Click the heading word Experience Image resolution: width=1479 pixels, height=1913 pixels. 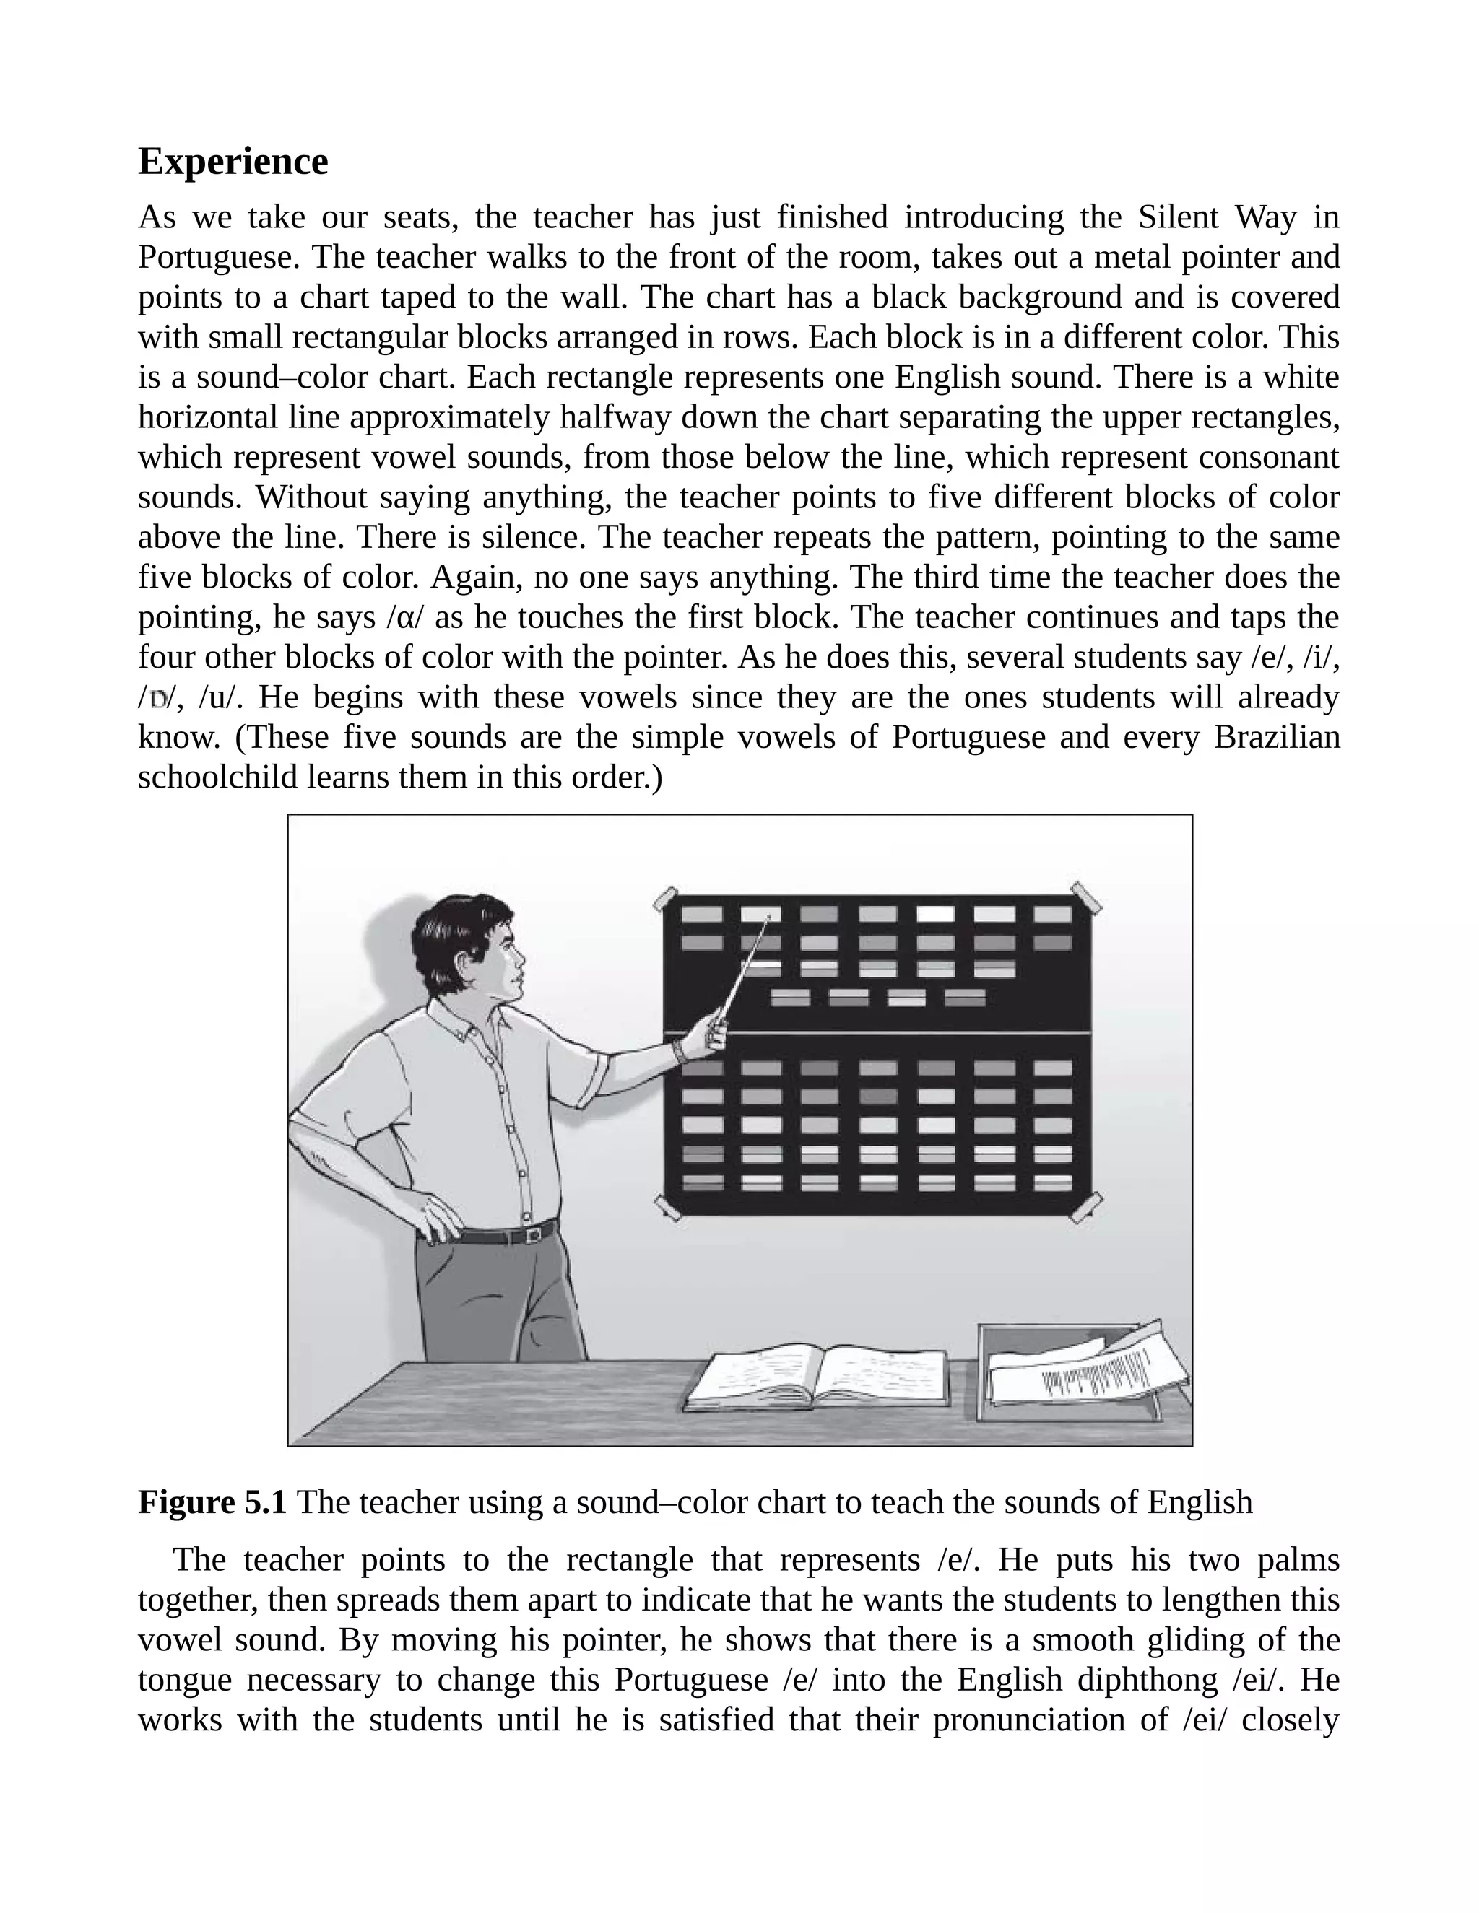tap(233, 162)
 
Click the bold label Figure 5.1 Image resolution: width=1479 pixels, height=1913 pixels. tap(212, 1502)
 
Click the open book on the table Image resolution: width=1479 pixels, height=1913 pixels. tap(815, 1376)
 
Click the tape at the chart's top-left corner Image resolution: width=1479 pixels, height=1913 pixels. tap(666, 899)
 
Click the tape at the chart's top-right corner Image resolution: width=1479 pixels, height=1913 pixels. tap(1086, 897)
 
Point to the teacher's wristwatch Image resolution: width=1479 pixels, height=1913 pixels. tap(677, 1050)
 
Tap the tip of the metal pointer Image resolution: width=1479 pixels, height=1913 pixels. tap(768, 918)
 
